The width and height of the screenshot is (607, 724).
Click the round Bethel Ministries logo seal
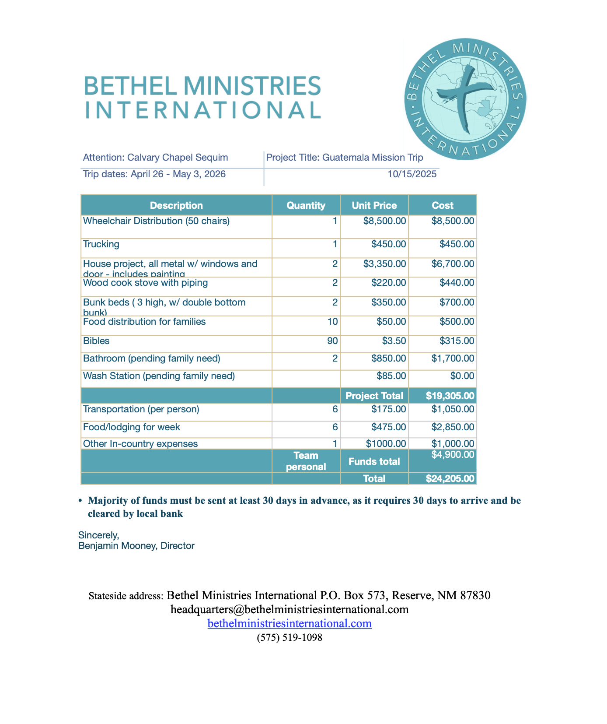coord(465,98)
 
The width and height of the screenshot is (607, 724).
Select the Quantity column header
coord(306,205)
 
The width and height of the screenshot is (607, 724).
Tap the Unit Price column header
coord(374,205)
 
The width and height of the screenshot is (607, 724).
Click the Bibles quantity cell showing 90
coord(332,341)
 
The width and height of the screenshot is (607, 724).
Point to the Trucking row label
coord(101,244)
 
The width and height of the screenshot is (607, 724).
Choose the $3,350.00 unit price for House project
coord(384,264)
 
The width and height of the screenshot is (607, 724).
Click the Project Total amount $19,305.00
coord(450,396)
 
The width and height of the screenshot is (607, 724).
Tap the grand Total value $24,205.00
coord(450,478)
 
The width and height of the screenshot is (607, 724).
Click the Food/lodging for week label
coord(132,427)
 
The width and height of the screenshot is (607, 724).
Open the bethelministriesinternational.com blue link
coord(290,623)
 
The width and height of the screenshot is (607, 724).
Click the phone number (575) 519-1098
coord(290,638)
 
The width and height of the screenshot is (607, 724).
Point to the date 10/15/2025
coord(412,174)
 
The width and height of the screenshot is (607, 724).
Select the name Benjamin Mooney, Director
coord(136,546)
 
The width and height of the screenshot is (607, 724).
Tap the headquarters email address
coord(290,609)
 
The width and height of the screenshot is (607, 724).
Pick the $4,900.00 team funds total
coord(453,455)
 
